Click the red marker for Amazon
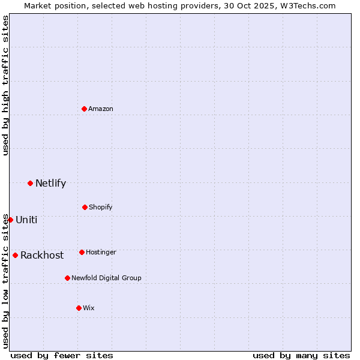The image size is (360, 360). pyautogui.click(x=85, y=109)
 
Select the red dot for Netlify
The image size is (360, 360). pyautogui.click(x=30, y=183)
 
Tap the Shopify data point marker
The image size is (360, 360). pyautogui.click(x=85, y=207)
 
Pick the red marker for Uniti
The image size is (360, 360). pyautogui.click(x=10, y=220)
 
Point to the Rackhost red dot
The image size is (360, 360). pyautogui.click(x=15, y=255)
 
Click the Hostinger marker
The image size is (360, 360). pyautogui.click(x=82, y=252)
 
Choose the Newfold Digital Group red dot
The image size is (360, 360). pyautogui.click(x=67, y=278)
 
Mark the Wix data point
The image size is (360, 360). pyautogui.click(x=79, y=308)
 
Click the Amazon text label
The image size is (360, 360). pyautogui.click(x=101, y=109)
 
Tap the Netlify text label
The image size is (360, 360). pyautogui.click(x=50, y=184)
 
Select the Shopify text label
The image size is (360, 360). pyautogui.click(x=101, y=207)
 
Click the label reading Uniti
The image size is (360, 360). pyautogui.click(x=26, y=220)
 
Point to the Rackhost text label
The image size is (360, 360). pyautogui.click(x=42, y=256)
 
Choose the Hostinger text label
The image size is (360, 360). pyautogui.click(x=101, y=252)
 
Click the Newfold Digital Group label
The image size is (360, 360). pyautogui.click(x=106, y=278)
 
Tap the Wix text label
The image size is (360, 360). pyautogui.click(x=89, y=308)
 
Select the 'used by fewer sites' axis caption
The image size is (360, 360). pyautogui.click(x=62, y=355)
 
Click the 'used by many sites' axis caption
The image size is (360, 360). pyautogui.click(x=301, y=355)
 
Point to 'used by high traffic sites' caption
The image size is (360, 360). pyautogui.click(x=5, y=85)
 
